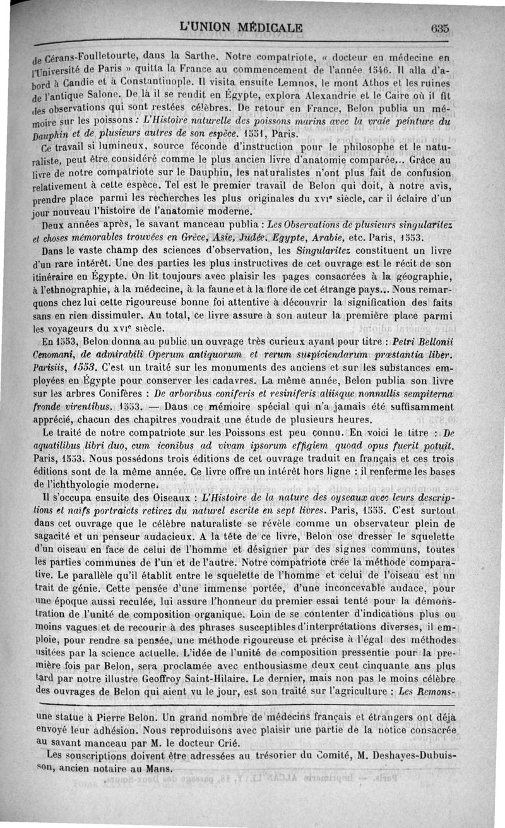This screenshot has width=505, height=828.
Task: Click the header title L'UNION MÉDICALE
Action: (x=241, y=28)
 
